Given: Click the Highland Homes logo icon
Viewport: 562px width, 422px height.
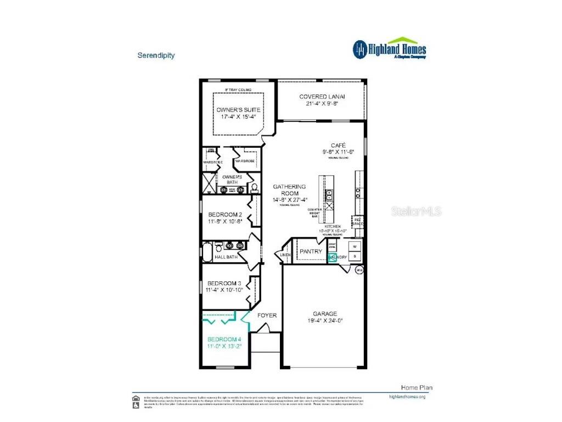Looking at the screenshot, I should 360,49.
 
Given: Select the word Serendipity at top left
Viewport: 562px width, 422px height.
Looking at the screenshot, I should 156,55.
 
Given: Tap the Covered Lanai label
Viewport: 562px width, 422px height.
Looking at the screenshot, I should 321,97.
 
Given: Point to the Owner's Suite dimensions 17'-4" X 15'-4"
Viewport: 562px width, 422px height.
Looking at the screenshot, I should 238,117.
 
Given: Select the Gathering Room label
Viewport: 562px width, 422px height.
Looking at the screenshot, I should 290,190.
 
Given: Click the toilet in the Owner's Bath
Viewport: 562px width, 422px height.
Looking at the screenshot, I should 254,188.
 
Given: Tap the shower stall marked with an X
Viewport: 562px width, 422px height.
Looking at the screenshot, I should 209,182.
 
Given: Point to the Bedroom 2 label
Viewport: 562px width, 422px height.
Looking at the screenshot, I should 225,214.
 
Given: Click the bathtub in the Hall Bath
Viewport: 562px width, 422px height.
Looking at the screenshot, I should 207,252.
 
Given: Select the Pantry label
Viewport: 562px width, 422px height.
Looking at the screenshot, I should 310,252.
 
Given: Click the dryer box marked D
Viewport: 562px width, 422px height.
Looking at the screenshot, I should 354,256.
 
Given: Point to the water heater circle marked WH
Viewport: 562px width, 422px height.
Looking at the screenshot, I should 360,270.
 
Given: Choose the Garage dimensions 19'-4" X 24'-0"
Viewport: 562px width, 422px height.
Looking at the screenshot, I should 325,321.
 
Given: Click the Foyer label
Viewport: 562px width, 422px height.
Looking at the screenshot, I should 267,315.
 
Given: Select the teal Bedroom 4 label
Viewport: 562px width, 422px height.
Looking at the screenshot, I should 224,339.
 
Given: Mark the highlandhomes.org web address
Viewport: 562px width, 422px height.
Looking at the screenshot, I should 407,396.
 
